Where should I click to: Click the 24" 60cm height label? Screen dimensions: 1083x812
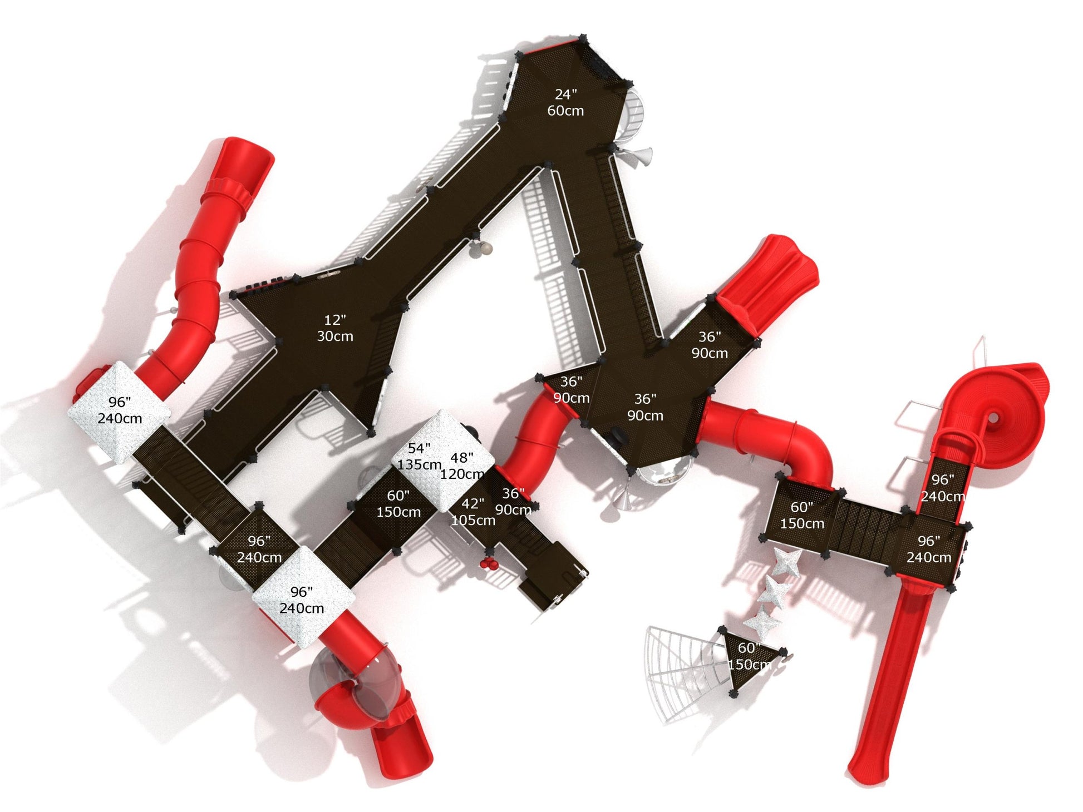(x=565, y=103)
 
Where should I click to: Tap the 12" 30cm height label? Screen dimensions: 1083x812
(x=335, y=328)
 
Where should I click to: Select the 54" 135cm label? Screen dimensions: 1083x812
(x=419, y=456)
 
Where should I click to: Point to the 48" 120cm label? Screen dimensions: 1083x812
(x=462, y=466)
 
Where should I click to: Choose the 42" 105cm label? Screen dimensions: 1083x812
(x=473, y=512)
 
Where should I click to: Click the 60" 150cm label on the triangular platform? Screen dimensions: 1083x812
(x=749, y=656)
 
